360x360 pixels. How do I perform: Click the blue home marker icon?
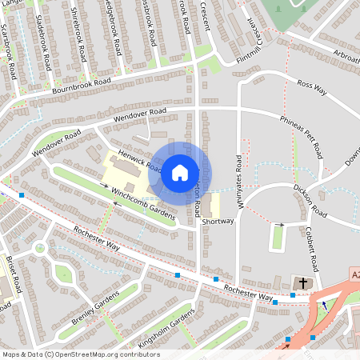coord(180,172)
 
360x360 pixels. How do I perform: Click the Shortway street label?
coord(218,221)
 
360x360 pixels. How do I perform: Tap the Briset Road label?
coord(14,277)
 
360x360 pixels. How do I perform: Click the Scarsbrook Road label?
coord(9,51)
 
